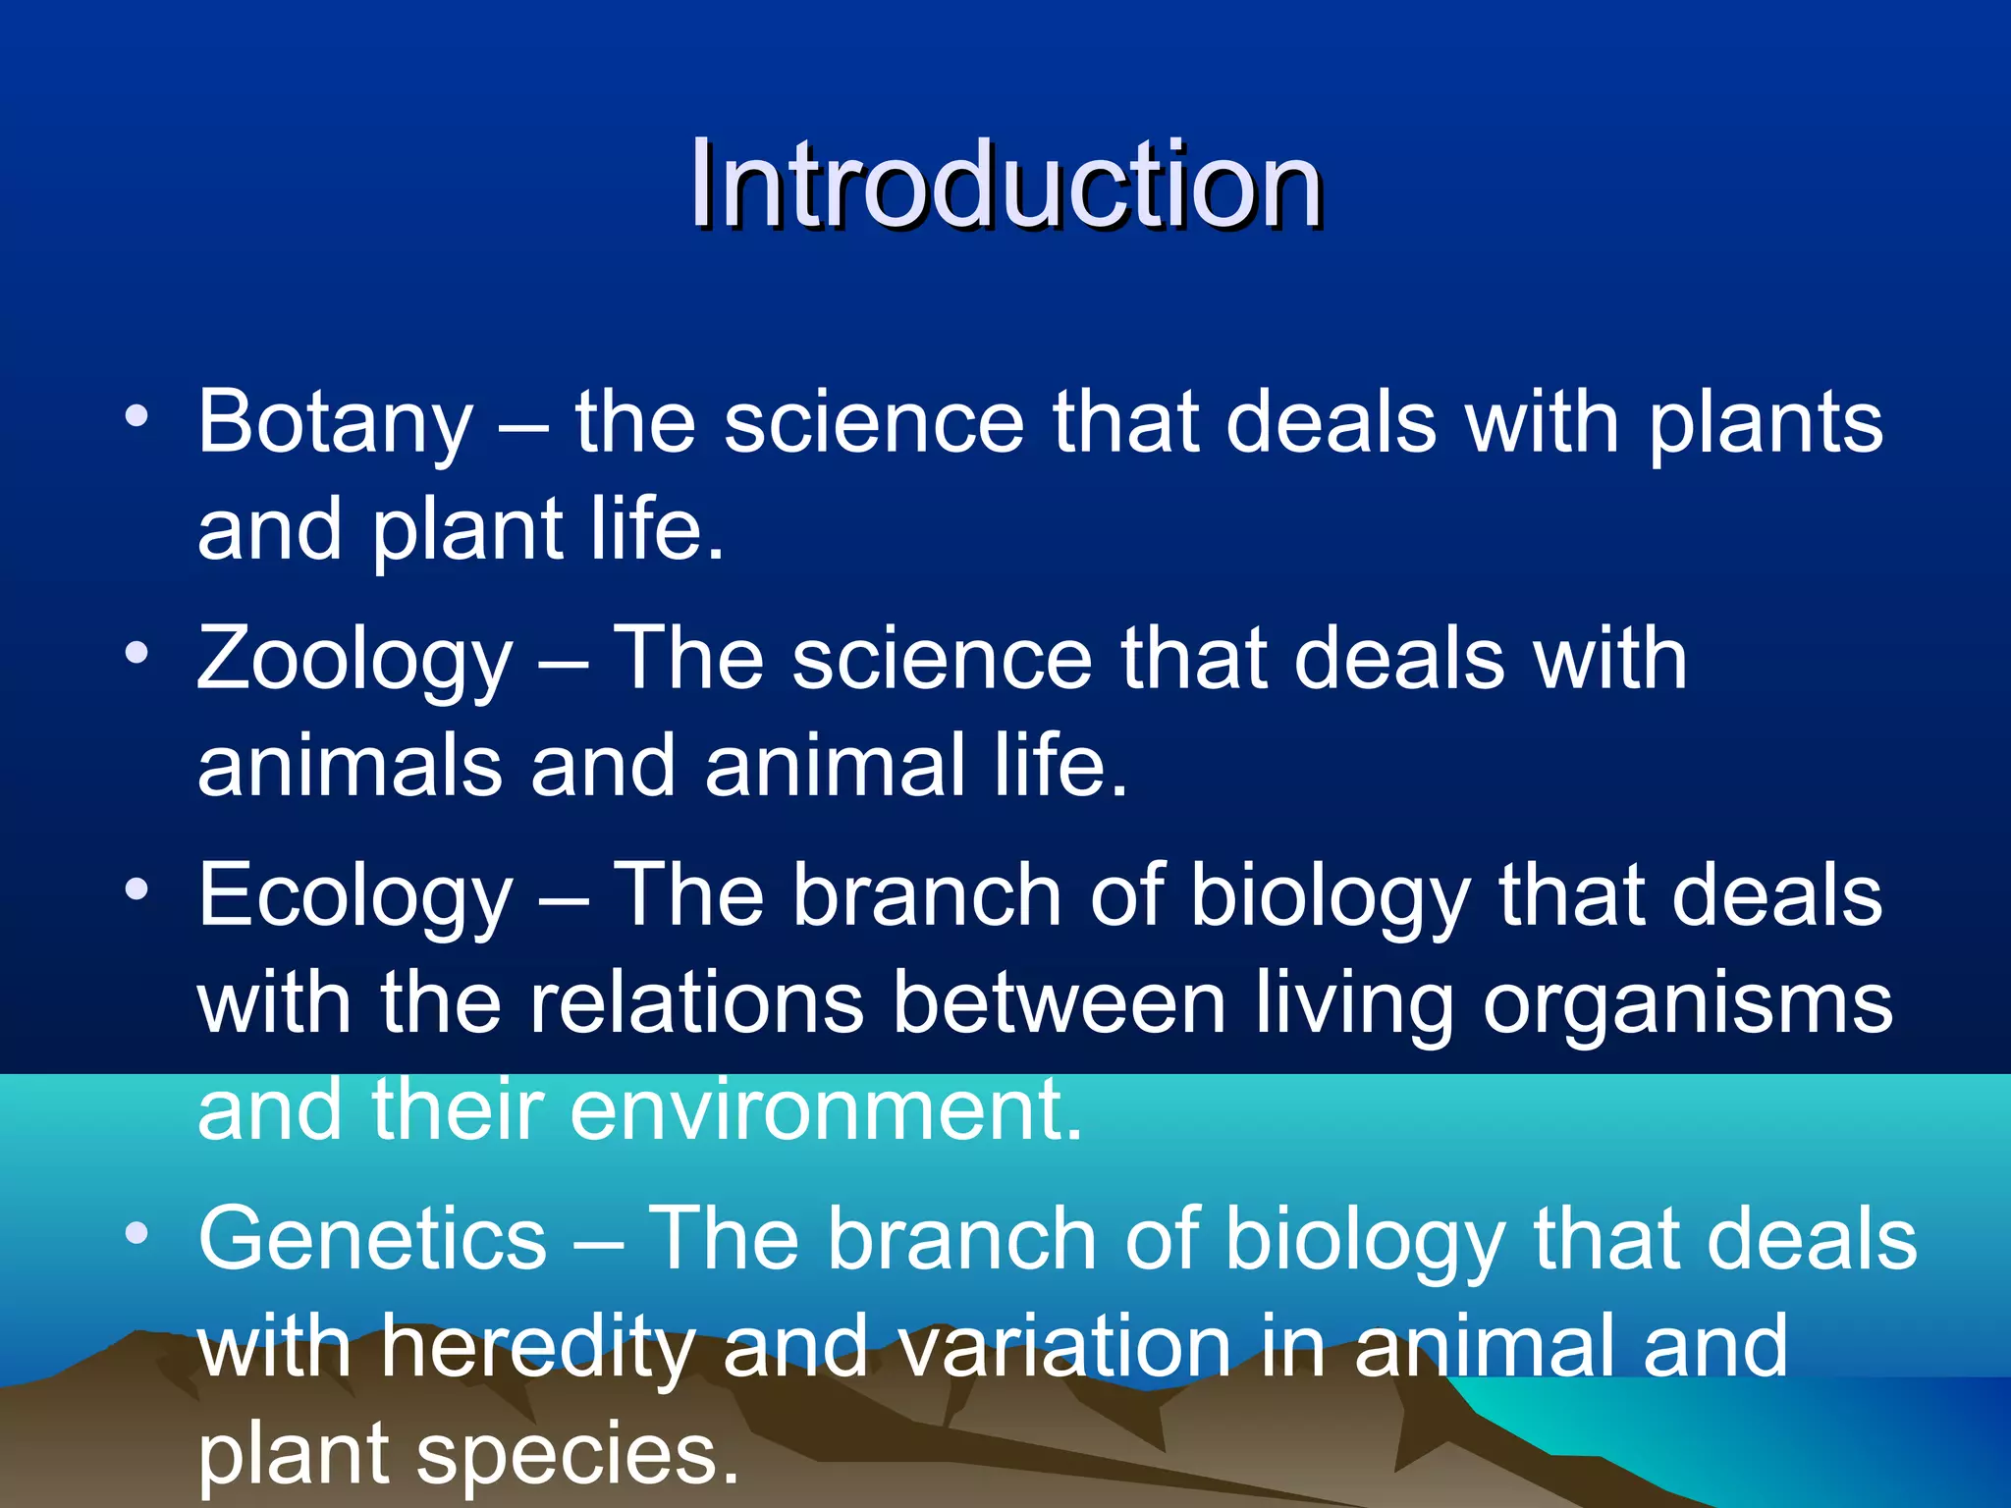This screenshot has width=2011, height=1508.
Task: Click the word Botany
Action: point(335,424)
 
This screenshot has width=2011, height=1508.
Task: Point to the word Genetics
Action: point(372,1239)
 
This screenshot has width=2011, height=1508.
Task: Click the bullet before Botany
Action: point(136,416)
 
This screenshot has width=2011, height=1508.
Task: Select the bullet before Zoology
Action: point(136,653)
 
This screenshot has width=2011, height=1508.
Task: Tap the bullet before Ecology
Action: point(136,889)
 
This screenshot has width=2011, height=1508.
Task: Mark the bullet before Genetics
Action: point(136,1231)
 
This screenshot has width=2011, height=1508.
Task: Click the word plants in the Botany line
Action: point(1765,424)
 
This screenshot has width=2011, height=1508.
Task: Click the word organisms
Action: point(1687,1005)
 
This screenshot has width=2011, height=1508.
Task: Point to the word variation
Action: point(1064,1347)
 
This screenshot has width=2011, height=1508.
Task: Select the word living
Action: point(1354,1005)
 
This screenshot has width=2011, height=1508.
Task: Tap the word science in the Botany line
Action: point(874,424)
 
